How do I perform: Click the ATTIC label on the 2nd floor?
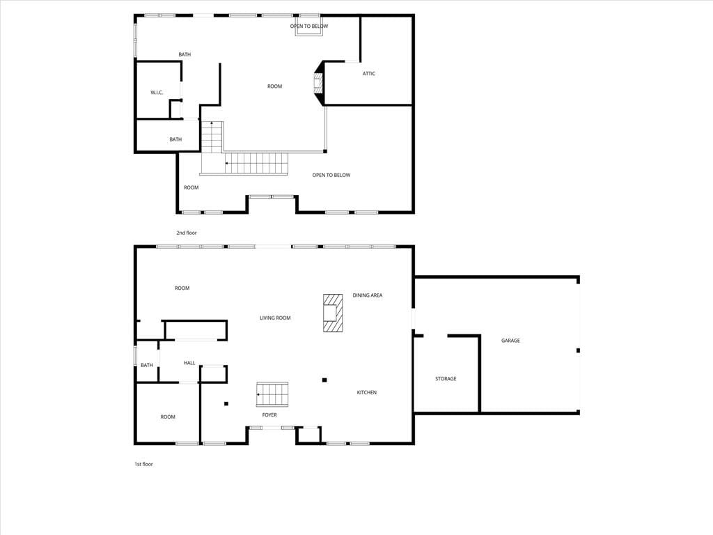[369, 74]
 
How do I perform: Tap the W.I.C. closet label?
[157, 93]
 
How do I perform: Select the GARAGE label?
[510, 340]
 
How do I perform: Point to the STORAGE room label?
[446, 378]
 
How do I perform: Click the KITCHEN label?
[366, 392]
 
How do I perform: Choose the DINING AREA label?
[368, 295]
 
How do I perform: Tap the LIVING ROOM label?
[275, 318]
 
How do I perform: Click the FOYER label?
[269, 415]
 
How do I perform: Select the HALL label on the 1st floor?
[189, 363]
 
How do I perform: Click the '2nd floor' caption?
[187, 233]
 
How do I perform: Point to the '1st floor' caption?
[143, 464]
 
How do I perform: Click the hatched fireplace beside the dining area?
[333, 313]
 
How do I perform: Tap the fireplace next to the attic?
[318, 84]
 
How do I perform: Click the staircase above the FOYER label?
[272, 394]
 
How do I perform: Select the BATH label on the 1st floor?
[147, 365]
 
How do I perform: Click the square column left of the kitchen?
[324, 380]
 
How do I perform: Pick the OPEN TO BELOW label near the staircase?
[331, 175]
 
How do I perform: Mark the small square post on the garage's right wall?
[578, 350]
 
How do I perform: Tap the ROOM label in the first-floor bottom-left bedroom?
[168, 417]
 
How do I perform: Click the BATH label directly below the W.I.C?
[175, 139]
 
